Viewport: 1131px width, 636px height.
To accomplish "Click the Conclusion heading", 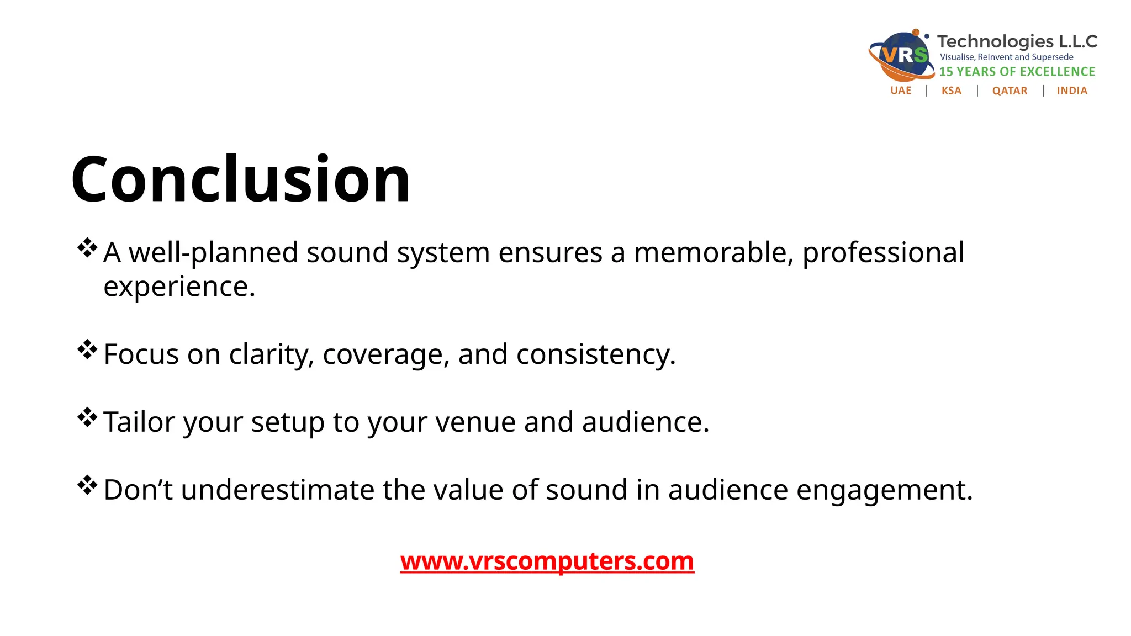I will [x=241, y=179].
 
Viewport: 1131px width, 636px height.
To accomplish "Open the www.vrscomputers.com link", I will [x=547, y=561].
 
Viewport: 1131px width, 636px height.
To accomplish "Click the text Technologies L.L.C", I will [x=1017, y=41].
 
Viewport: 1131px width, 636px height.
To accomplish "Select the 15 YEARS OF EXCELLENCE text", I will [x=1017, y=72].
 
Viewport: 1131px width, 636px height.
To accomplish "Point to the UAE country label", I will [x=901, y=91].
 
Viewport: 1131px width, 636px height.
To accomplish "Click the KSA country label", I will [x=951, y=91].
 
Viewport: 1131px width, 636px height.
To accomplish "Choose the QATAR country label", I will [x=1010, y=91].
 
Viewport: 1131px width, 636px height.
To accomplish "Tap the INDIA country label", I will [x=1072, y=91].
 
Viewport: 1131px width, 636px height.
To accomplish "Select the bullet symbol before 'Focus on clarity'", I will [x=87, y=349].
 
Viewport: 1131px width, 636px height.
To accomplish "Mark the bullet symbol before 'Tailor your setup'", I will [x=87, y=417].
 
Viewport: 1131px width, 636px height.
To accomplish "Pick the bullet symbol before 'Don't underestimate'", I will [x=87, y=485].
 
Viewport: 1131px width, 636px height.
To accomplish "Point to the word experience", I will [x=179, y=287].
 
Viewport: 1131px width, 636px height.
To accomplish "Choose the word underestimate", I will [x=277, y=490].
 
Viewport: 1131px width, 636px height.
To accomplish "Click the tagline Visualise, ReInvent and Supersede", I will [x=1006, y=57].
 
